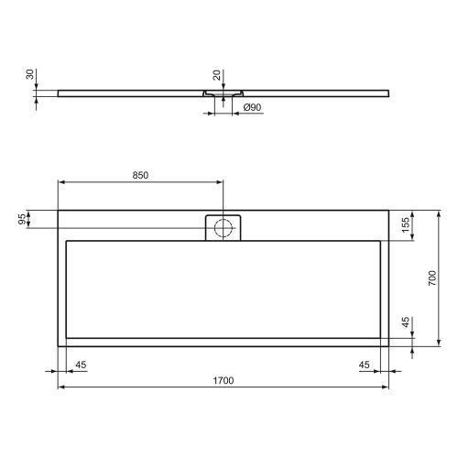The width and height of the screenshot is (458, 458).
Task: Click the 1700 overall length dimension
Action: (224, 379)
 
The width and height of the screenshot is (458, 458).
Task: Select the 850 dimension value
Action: (140, 174)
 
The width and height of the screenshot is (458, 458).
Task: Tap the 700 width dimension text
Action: (431, 278)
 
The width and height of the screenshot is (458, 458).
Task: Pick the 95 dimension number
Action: (22, 219)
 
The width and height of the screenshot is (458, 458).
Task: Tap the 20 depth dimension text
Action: (216, 75)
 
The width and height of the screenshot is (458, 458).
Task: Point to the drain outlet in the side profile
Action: (221, 95)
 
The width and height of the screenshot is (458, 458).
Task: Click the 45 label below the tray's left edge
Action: (81, 365)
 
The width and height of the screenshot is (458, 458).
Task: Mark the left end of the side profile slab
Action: (59, 93)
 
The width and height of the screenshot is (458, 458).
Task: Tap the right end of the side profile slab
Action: (388, 93)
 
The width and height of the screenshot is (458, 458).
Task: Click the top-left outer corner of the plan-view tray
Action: (59, 211)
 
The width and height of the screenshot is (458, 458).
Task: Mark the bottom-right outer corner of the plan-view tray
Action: (389, 347)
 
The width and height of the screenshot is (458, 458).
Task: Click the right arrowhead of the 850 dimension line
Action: (220, 180)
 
